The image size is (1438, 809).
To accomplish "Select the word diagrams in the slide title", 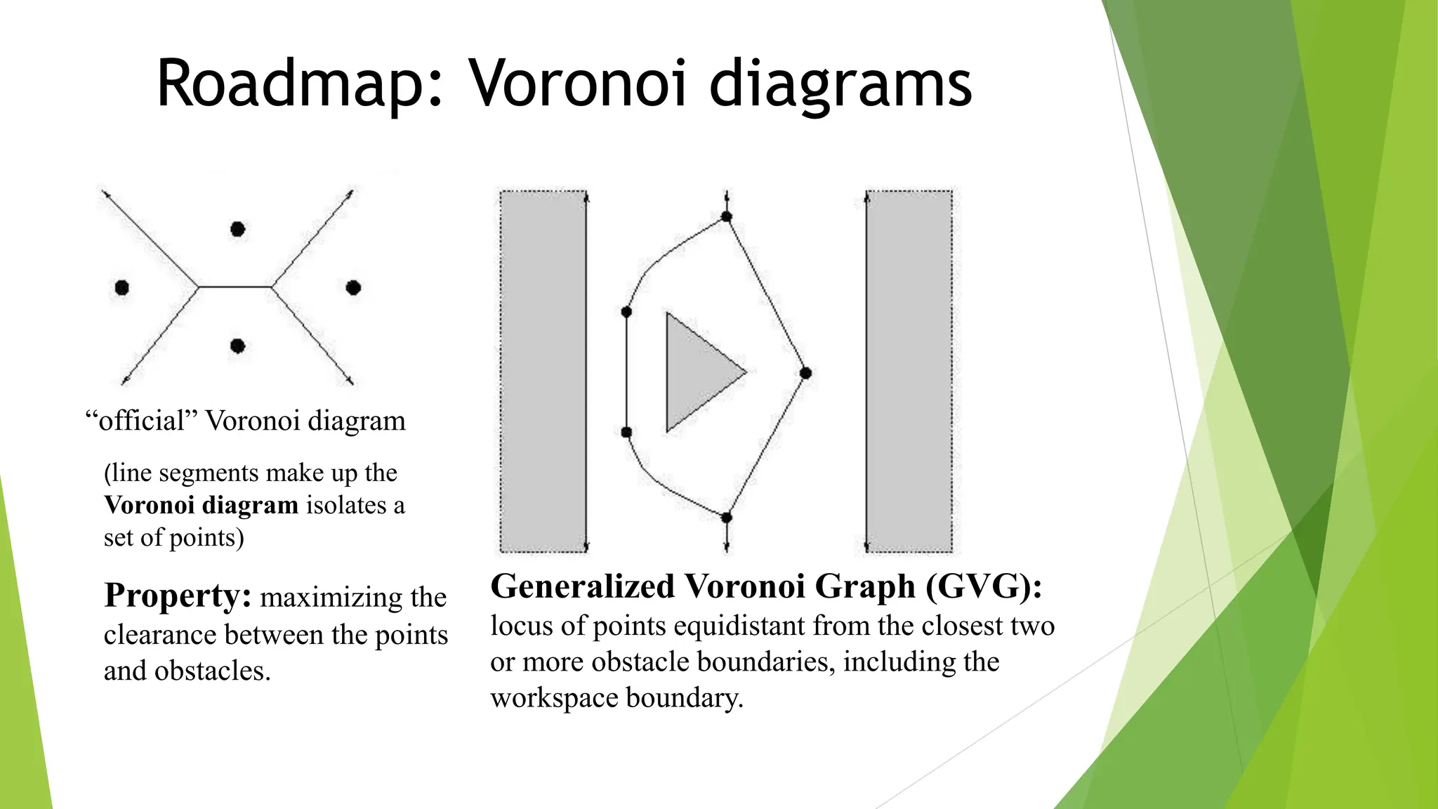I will pyautogui.click(x=840, y=84).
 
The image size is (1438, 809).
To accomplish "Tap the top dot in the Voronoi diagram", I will pyautogui.click(x=238, y=229).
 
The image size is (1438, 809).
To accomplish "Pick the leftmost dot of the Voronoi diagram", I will pyautogui.click(x=122, y=287).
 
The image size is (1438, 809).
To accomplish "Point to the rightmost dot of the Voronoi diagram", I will pyautogui.click(x=354, y=287).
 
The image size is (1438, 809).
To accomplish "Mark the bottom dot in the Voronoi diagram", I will pyautogui.click(x=238, y=346).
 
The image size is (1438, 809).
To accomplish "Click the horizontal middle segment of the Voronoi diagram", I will pyautogui.click(x=235, y=287).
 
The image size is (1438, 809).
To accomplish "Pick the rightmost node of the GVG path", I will pyautogui.click(x=806, y=373).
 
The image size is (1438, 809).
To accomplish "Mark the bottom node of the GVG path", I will pyautogui.click(x=727, y=518).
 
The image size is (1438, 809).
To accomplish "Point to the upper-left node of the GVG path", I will pyautogui.click(x=626, y=312).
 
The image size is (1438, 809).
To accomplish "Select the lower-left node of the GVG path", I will pyautogui.click(x=626, y=433).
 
